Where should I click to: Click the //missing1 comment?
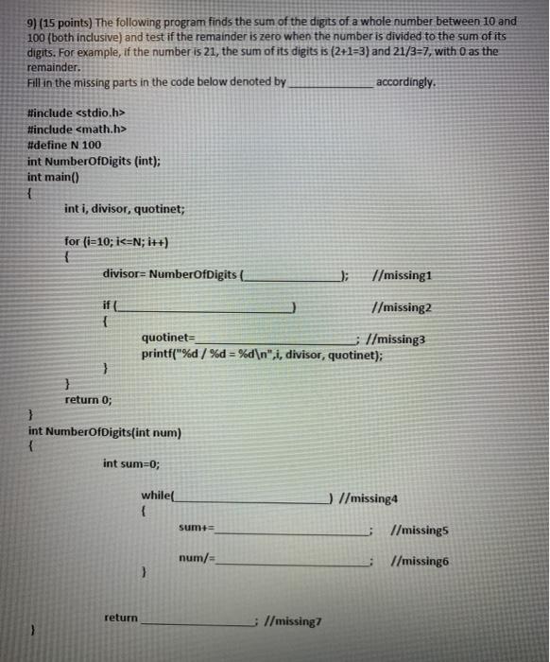point(404,275)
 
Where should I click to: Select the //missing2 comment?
point(405,307)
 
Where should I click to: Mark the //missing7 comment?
point(294,620)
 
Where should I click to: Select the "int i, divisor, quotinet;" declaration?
point(124,209)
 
